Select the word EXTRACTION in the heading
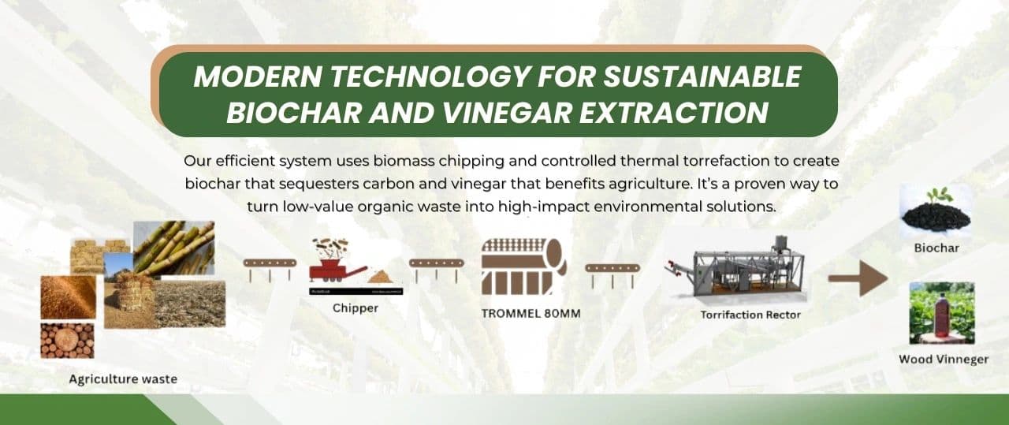coord(673,112)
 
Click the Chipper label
coord(356,308)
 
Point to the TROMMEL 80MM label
coord(531,314)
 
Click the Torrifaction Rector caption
coord(750,315)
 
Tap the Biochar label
coord(936,248)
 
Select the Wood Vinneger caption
coord(944,360)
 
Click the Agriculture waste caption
coord(123,379)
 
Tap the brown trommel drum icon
coord(523,267)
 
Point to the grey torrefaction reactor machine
coord(735,269)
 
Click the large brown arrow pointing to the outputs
coord(858,278)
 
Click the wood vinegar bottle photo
coord(942,313)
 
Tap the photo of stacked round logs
coord(68,341)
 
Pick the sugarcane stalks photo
coord(174,248)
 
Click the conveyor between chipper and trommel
coord(436,269)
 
